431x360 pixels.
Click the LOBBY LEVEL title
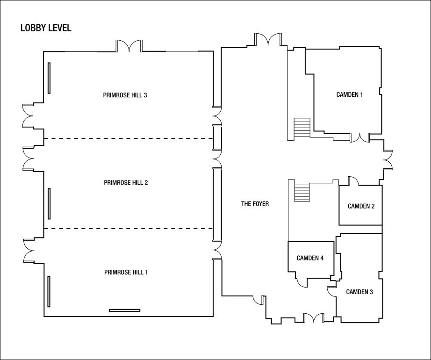[x=46, y=28]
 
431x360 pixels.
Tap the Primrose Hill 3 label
[x=125, y=95]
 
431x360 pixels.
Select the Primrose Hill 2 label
[x=126, y=182]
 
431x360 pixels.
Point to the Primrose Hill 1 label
[x=126, y=272]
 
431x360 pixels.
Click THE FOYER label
[x=255, y=204]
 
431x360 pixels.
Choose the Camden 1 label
[x=350, y=94]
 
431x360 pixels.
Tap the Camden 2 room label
[x=361, y=206]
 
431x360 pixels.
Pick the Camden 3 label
[x=359, y=292]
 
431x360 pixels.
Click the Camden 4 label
[x=310, y=258]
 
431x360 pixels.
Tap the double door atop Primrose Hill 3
[x=129, y=46]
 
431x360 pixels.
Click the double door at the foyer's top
[x=268, y=39]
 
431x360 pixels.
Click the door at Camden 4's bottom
[x=302, y=282]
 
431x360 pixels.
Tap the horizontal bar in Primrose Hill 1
[x=124, y=310]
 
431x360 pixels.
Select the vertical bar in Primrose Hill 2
[x=49, y=204]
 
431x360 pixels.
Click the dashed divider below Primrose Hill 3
[x=129, y=138]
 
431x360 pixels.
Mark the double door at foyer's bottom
[x=314, y=318]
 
